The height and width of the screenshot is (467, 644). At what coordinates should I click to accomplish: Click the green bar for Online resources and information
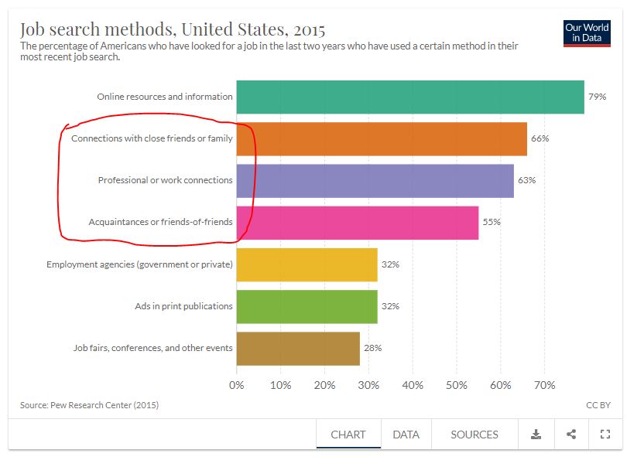click(410, 97)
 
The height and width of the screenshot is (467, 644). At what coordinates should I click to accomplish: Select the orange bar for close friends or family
click(382, 138)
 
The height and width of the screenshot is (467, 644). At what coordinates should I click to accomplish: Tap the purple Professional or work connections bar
click(375, 181)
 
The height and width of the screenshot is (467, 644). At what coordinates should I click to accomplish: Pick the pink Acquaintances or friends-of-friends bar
click(358, 223)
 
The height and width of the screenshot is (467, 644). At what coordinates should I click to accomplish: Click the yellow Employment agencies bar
click(307, 264)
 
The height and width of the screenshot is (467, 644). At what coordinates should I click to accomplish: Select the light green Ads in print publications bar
click(307, 306)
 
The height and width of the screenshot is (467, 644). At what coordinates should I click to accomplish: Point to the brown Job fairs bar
click(298, 349)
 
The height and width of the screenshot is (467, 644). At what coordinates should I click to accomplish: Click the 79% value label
click(598, 97)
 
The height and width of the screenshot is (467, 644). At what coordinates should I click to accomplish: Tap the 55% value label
click(492, 222)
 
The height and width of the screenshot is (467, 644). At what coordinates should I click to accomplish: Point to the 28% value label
click(373, 348)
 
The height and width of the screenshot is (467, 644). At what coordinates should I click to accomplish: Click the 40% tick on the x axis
click(413, 385)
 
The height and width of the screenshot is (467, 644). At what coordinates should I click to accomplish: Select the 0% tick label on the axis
click(237, 385)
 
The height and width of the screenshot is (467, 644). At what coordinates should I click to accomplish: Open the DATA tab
click(406, 435)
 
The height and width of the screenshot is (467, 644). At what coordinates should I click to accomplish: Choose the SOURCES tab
click(474, 435)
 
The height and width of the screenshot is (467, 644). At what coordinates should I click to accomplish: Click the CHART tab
click(348, 435)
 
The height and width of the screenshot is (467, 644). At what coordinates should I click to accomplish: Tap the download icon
click(536, 435)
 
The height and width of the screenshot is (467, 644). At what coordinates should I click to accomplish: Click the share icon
click(571, 435)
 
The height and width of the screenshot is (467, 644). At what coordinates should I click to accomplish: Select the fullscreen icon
click(605, 435)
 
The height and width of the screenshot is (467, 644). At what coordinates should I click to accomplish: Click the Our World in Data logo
click(587, 33)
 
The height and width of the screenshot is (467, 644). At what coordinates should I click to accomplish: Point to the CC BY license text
click(598, 405)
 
